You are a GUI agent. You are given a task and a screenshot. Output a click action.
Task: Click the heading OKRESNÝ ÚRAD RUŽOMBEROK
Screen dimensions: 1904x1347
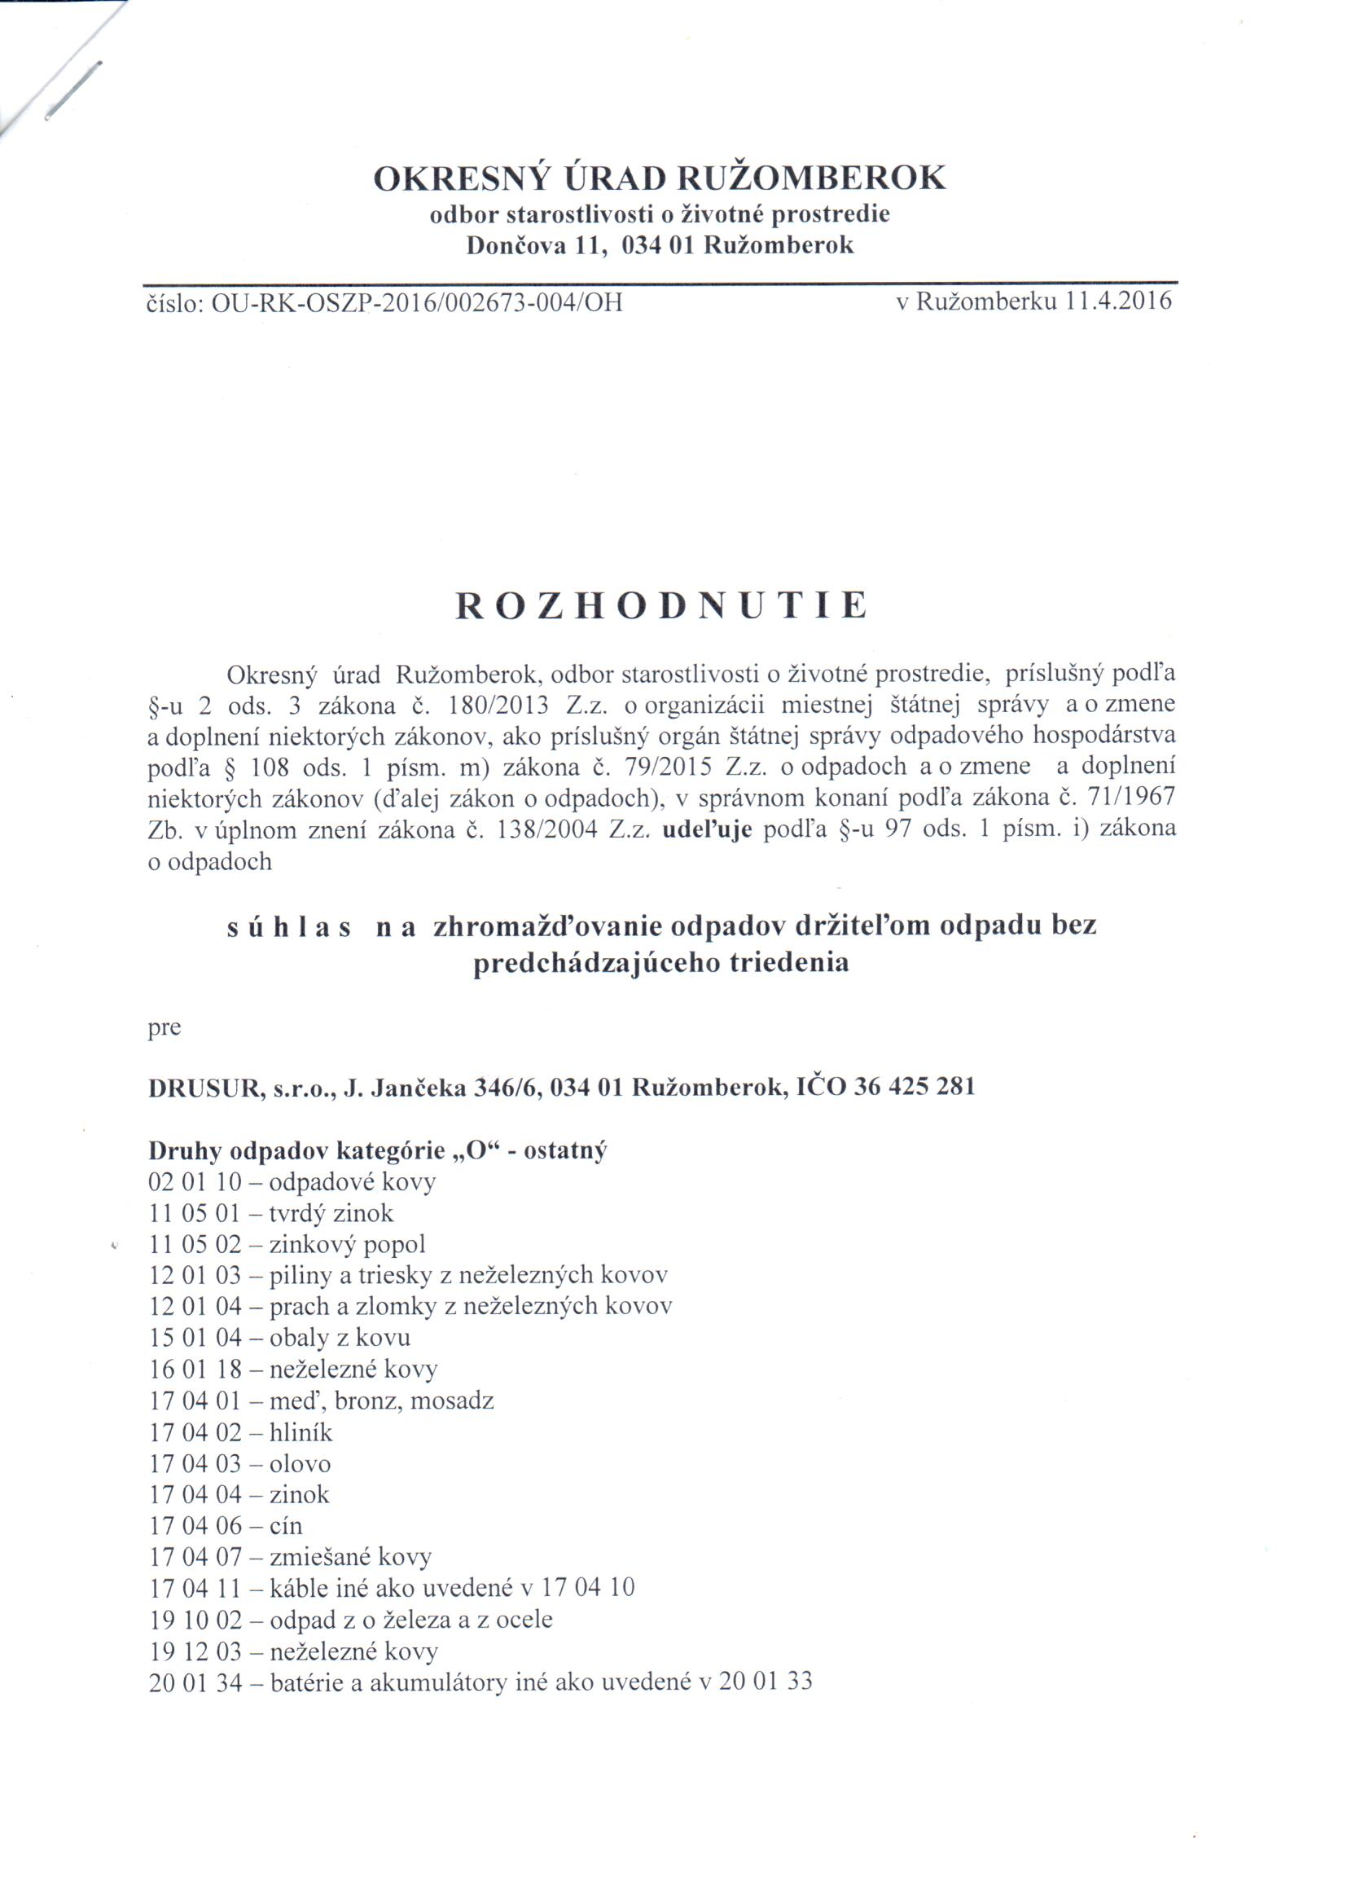tap(660, 178)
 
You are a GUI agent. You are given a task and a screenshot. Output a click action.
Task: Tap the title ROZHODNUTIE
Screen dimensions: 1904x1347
tap(661, 606)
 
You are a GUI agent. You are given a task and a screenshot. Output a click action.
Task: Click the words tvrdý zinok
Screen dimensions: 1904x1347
tap(331, 1213)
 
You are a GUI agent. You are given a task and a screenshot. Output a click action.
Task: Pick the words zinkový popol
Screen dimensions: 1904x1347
tap(348, 1244)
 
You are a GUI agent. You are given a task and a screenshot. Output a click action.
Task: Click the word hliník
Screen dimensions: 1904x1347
tap(301, 1432)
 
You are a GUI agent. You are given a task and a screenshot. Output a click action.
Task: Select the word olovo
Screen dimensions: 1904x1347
tap(301, 1463)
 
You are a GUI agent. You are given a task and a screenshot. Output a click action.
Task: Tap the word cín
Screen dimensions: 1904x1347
tap(286, 1526)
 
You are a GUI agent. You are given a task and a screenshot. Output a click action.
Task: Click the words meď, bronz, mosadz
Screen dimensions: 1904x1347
tap(381, 1401)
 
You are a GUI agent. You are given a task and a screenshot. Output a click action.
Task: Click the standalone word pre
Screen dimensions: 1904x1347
tap(165, 1029)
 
